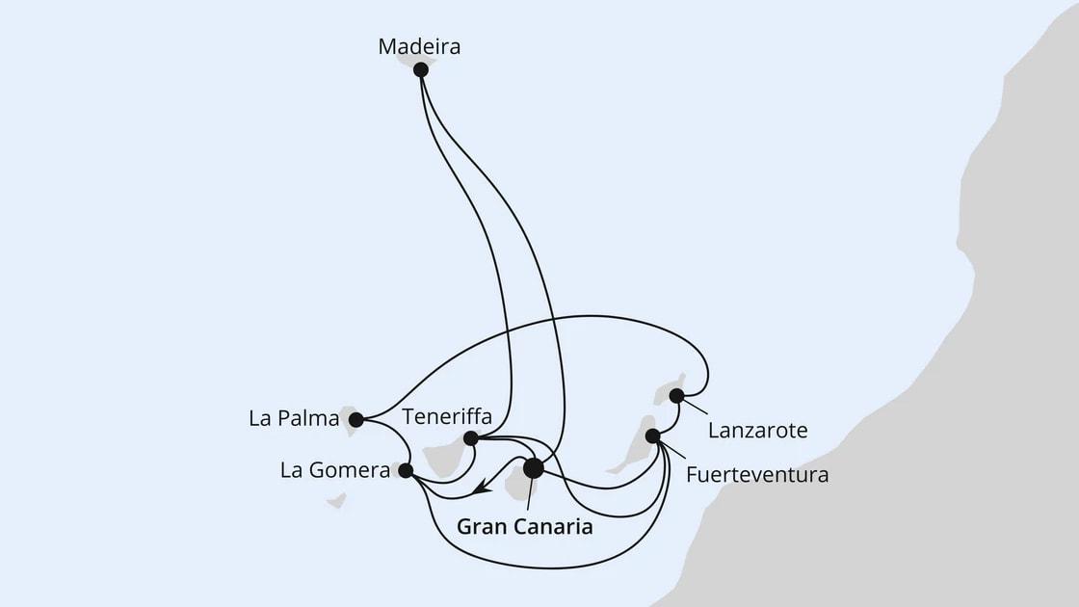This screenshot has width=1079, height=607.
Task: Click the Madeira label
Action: coord(419,46)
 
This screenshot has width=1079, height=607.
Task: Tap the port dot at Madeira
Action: coord(420,69)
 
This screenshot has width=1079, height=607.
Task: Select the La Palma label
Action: coord(294,419)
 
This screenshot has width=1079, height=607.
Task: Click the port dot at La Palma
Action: coord(356,419)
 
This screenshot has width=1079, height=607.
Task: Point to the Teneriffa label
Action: coord(447,417)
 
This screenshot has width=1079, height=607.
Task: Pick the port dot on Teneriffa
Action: coord(470,438)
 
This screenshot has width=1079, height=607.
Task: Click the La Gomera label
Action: coord(334,471)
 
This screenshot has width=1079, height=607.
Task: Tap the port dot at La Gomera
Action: coord(406,470)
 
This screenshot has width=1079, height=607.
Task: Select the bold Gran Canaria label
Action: coord(524,527)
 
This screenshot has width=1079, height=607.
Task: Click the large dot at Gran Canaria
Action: coord(533,468)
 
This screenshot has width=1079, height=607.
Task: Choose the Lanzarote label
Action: coord(757,431)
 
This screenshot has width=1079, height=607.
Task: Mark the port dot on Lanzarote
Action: coord(676,395)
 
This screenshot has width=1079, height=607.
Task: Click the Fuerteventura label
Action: coord(757,475)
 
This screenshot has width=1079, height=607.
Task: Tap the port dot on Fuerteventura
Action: coord(652,435)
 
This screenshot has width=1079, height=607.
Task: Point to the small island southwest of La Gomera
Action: coord(336,501)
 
